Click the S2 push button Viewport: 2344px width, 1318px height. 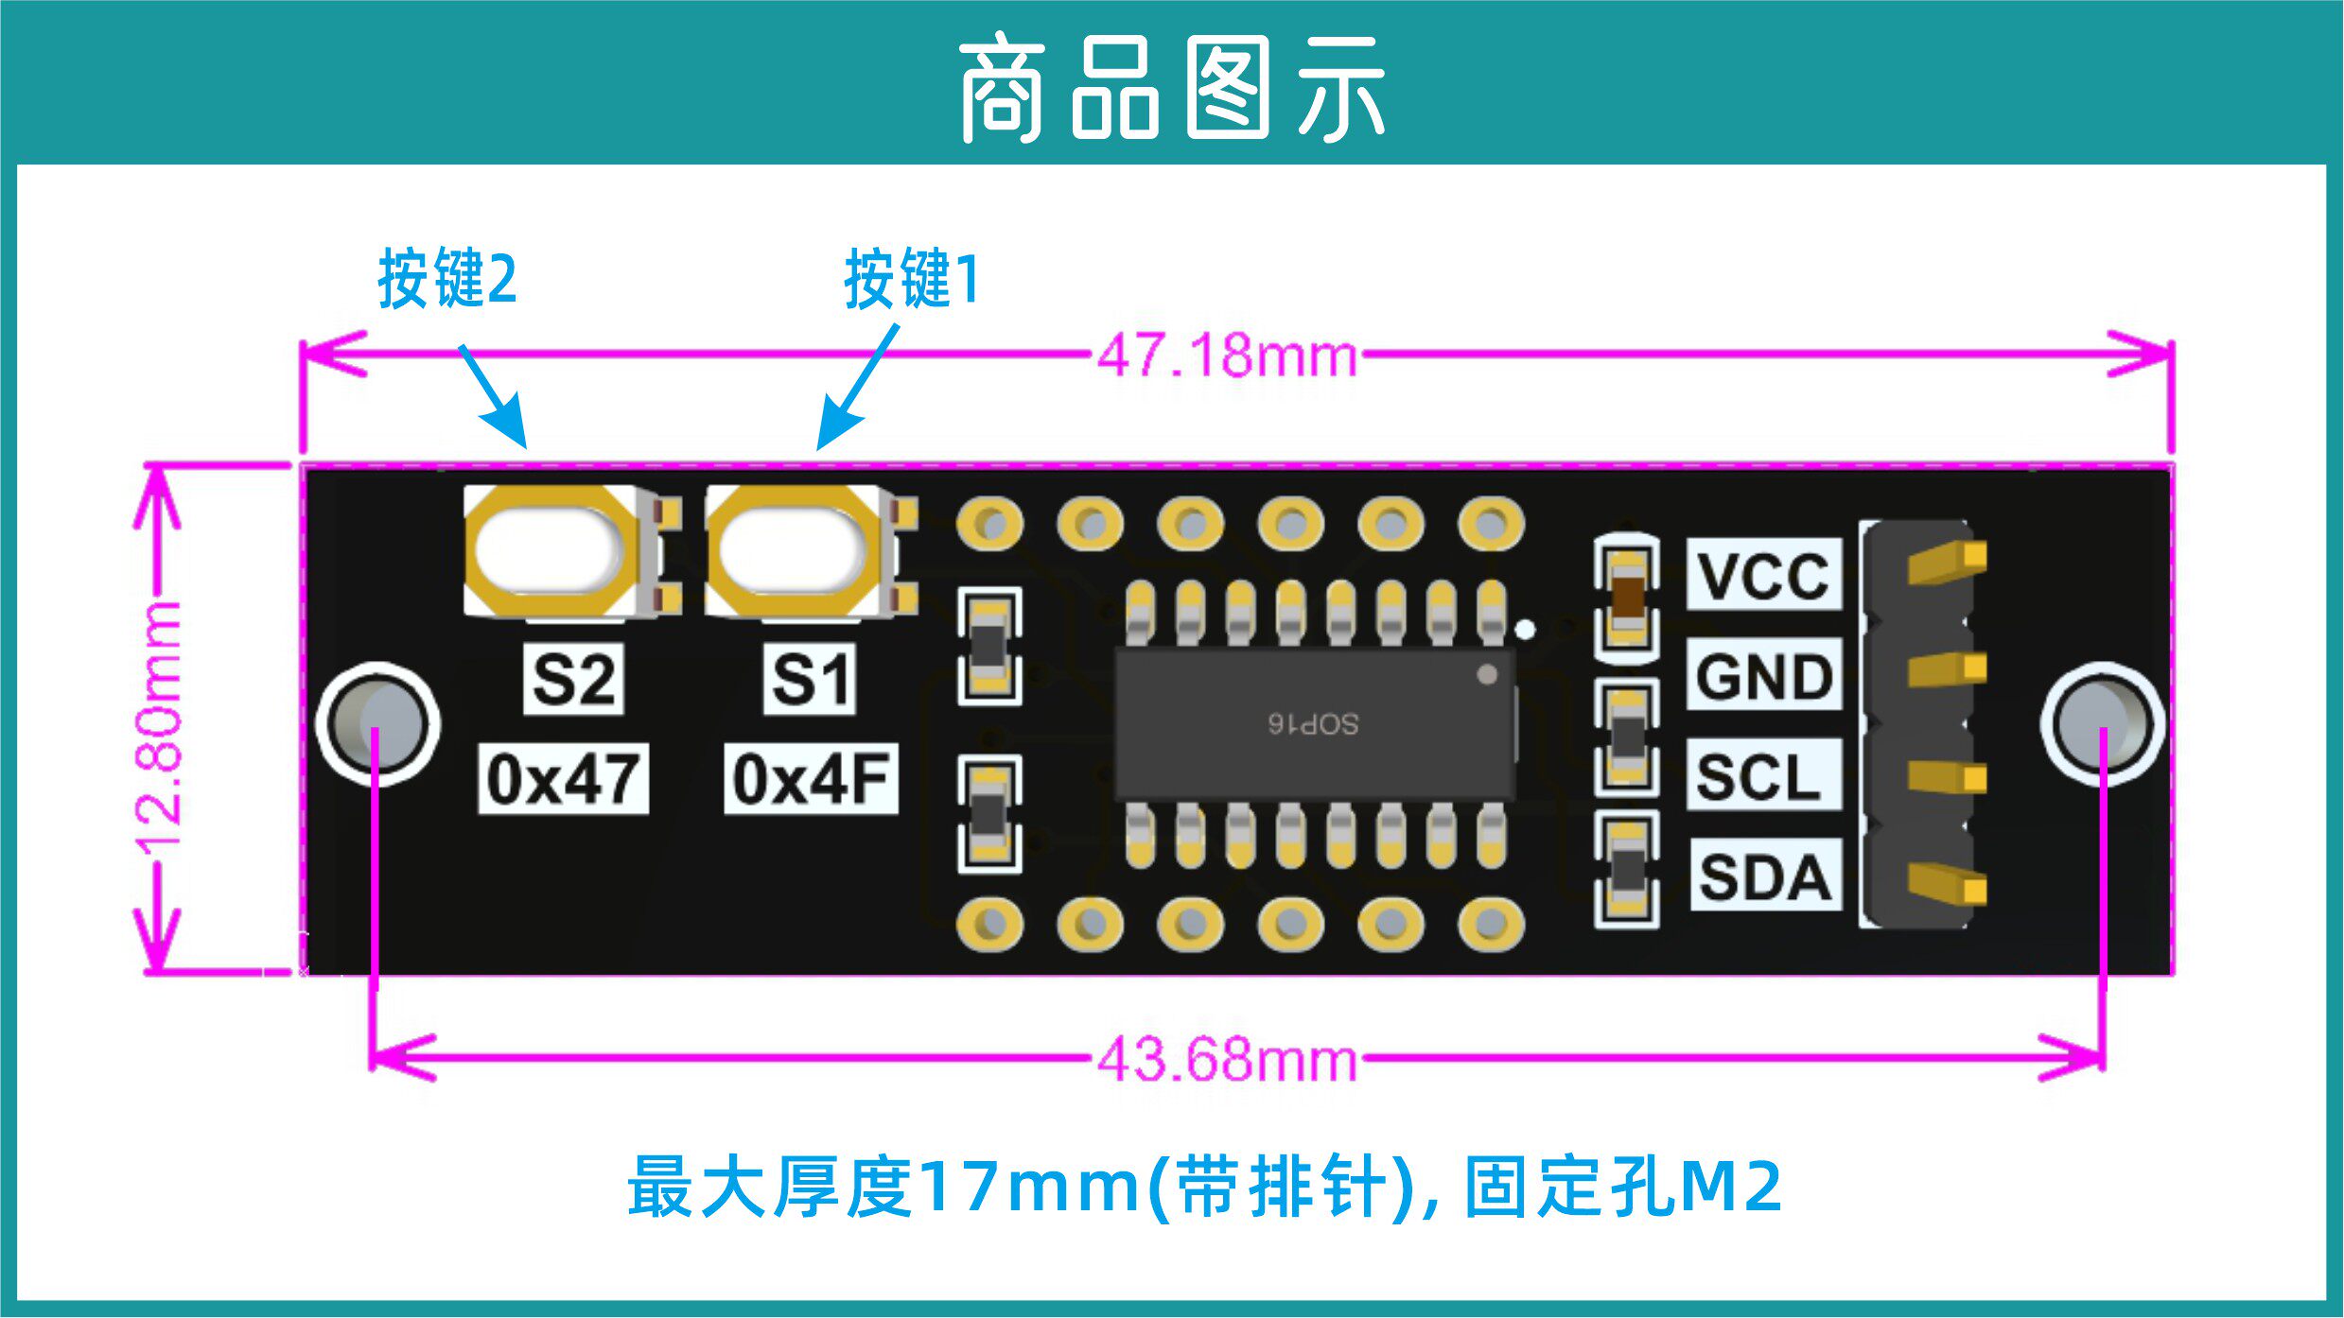point(549,552)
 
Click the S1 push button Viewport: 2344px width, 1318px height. point(793,552)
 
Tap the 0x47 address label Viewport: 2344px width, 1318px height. point(563,779)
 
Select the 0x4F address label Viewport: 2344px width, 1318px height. point(811,779)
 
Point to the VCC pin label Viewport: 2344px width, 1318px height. point(1763,575)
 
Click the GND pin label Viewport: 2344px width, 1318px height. point(1763,675)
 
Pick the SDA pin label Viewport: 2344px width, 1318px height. point(1764,876)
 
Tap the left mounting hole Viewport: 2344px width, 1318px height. point(377,723)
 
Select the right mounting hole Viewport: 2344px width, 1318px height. point(2102,723)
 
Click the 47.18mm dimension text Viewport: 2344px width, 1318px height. point(1227,356)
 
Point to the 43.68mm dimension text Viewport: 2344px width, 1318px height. point(1227,1059)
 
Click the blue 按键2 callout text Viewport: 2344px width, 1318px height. point(447,279)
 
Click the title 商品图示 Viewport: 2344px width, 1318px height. point(1172,90)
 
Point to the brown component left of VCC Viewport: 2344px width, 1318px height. point(1627,596)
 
